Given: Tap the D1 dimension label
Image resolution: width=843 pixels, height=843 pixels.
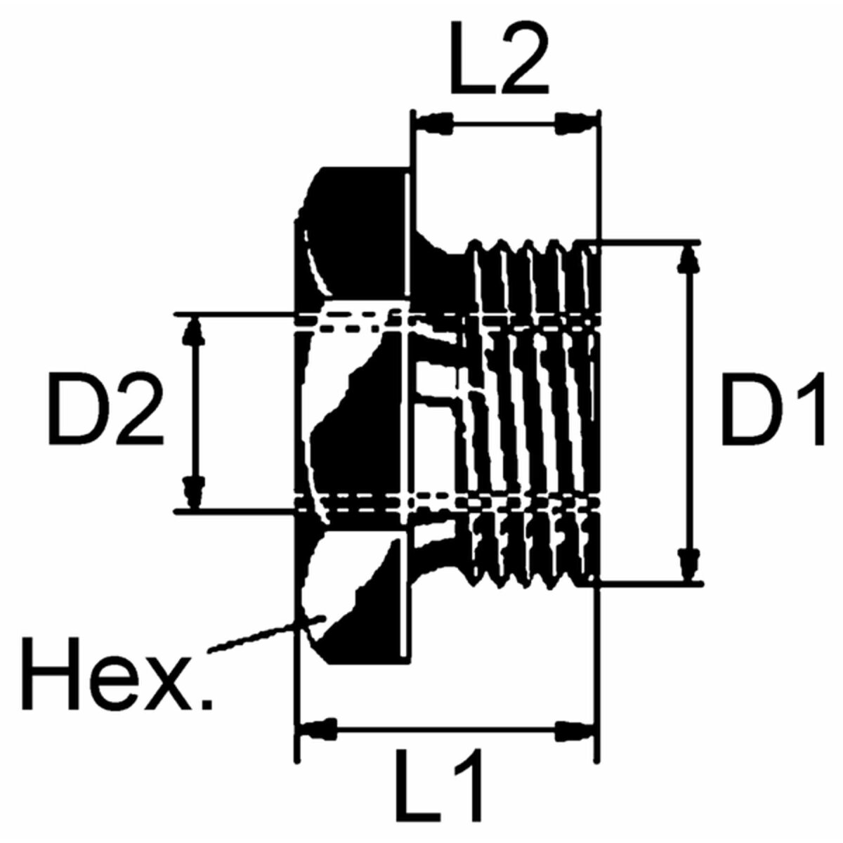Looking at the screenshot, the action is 773,410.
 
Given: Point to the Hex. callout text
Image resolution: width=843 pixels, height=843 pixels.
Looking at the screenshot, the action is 117,673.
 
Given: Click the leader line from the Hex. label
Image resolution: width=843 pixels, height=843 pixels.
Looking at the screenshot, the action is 266,635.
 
